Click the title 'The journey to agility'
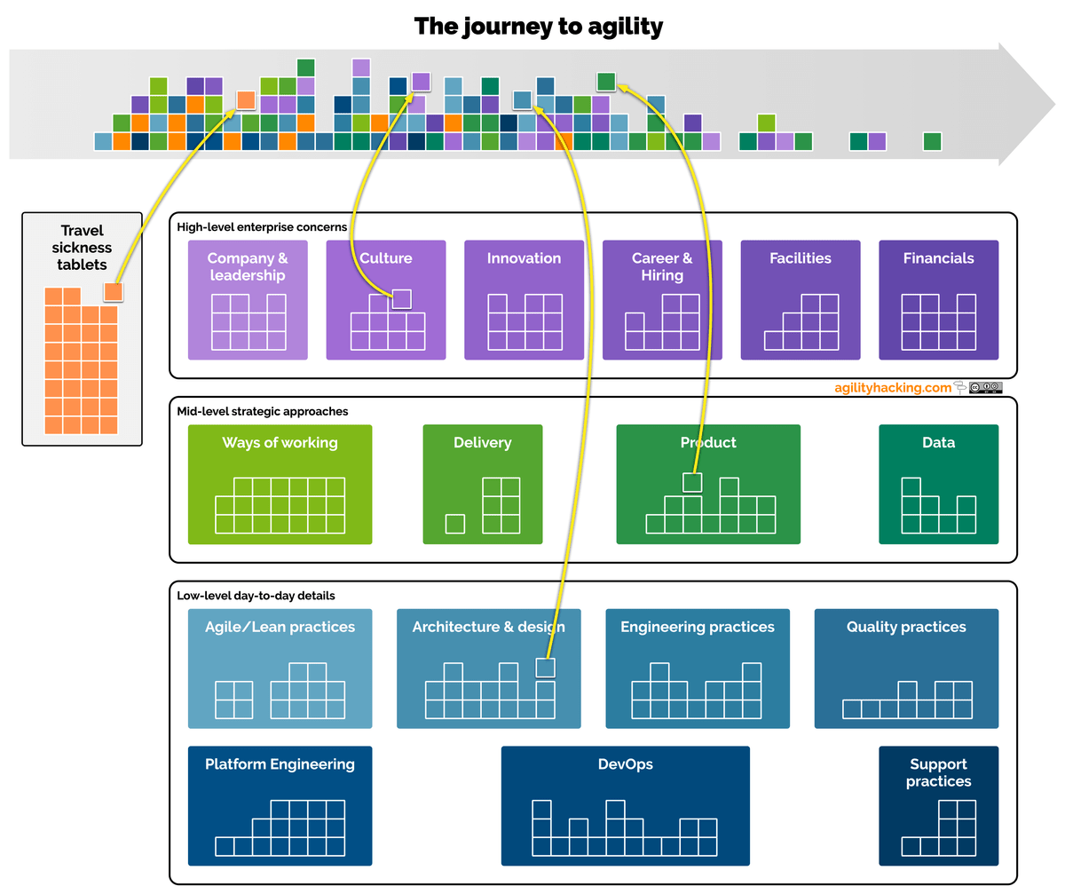pos(538,27)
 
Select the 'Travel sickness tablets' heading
pos(82,248)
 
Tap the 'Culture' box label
pos(385,258)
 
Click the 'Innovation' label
pos(524,258)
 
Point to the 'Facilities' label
pos(801,258)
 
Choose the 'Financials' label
pos(938,258)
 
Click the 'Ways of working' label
pos(280,442)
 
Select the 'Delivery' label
pos(483,442)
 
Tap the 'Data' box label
pos(938,442)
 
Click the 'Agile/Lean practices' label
pos(280,627)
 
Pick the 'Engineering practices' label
pos(698,627)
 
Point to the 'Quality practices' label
pos(906,627)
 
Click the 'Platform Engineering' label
pos(280,763)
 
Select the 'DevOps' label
pos(626,763)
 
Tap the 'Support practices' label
pos(938,772)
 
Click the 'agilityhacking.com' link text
pos(893,388)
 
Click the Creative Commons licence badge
pos(985,388)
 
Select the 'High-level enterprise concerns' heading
pos(262,227)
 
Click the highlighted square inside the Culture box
pos(401,299)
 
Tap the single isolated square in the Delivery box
pos(455,524)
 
